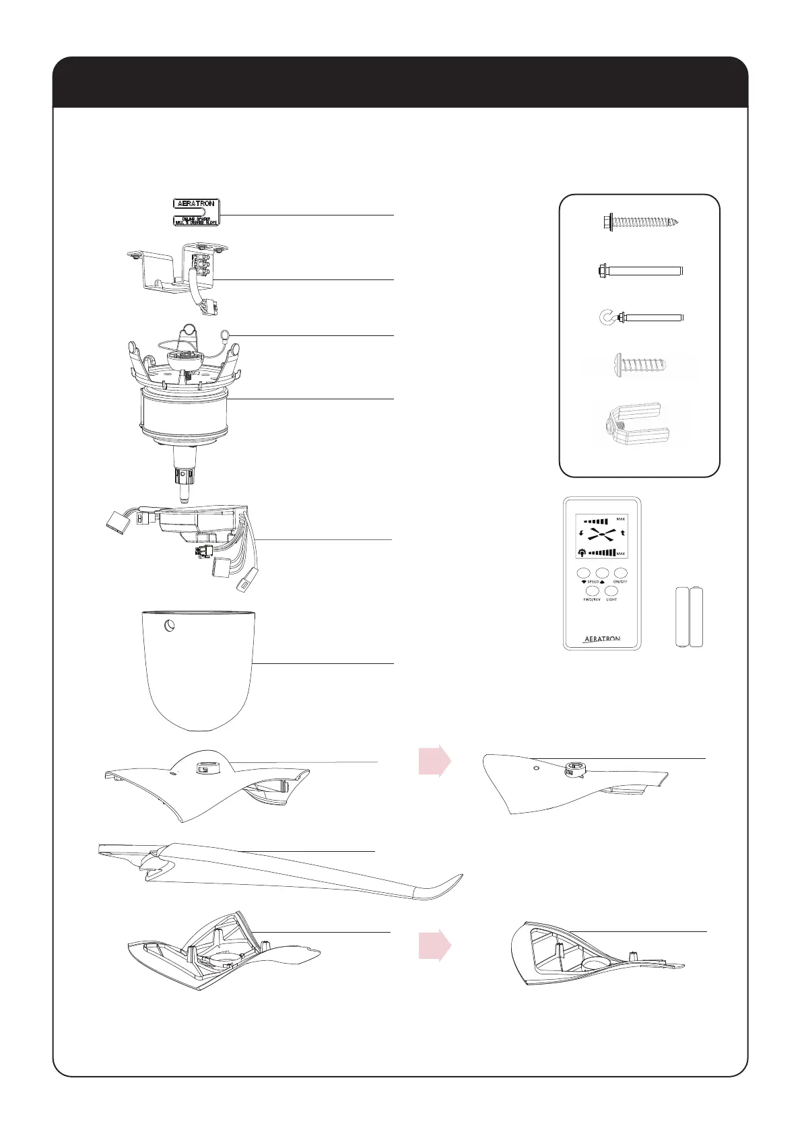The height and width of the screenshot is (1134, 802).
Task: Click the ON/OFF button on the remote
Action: point(620,573)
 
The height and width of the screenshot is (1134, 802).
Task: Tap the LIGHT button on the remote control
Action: point(611,591)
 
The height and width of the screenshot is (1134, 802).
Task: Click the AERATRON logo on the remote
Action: point(601,638)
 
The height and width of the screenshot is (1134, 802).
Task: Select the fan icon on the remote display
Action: point(602,535)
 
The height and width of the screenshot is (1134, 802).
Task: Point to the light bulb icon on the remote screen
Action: point(581,552)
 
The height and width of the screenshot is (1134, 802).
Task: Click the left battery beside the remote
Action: point(683,617)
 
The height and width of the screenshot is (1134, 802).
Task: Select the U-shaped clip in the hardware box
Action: point(634,425)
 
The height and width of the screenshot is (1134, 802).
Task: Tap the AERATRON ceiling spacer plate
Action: point(196,212)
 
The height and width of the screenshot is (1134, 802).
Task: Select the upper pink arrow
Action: point(434,761)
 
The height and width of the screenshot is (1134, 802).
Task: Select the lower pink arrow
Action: point(434,947)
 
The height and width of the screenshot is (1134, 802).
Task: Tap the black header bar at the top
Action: point(401,83)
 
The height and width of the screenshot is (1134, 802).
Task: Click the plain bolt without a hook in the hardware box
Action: point(640,271)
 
